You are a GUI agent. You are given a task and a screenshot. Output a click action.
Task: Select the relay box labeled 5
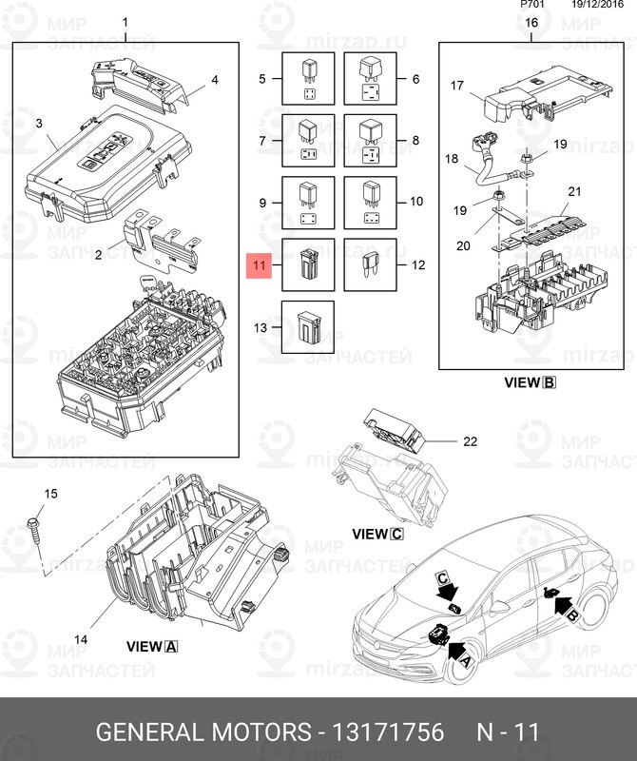(308, 79)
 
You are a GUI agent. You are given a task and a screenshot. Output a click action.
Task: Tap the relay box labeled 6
(370, 79)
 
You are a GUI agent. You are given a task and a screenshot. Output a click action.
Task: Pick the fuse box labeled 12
(370, 263)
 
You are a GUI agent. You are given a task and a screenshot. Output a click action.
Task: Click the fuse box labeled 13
(308, 326)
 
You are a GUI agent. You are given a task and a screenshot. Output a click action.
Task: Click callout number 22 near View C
(469, 440)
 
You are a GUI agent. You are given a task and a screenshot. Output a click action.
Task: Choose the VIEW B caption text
(529, 382)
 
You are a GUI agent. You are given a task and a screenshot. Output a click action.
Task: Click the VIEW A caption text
(152, 646)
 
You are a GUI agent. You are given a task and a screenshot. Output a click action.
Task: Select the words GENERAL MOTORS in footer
(204, 732)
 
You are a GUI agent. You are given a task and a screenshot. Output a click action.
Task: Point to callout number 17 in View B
(456, 86)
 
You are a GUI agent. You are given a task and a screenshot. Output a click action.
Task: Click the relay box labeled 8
(370, 141)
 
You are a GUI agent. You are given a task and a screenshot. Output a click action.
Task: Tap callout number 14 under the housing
(81, 639)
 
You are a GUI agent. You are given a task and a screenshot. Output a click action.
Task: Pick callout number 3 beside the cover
(39, 123)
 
